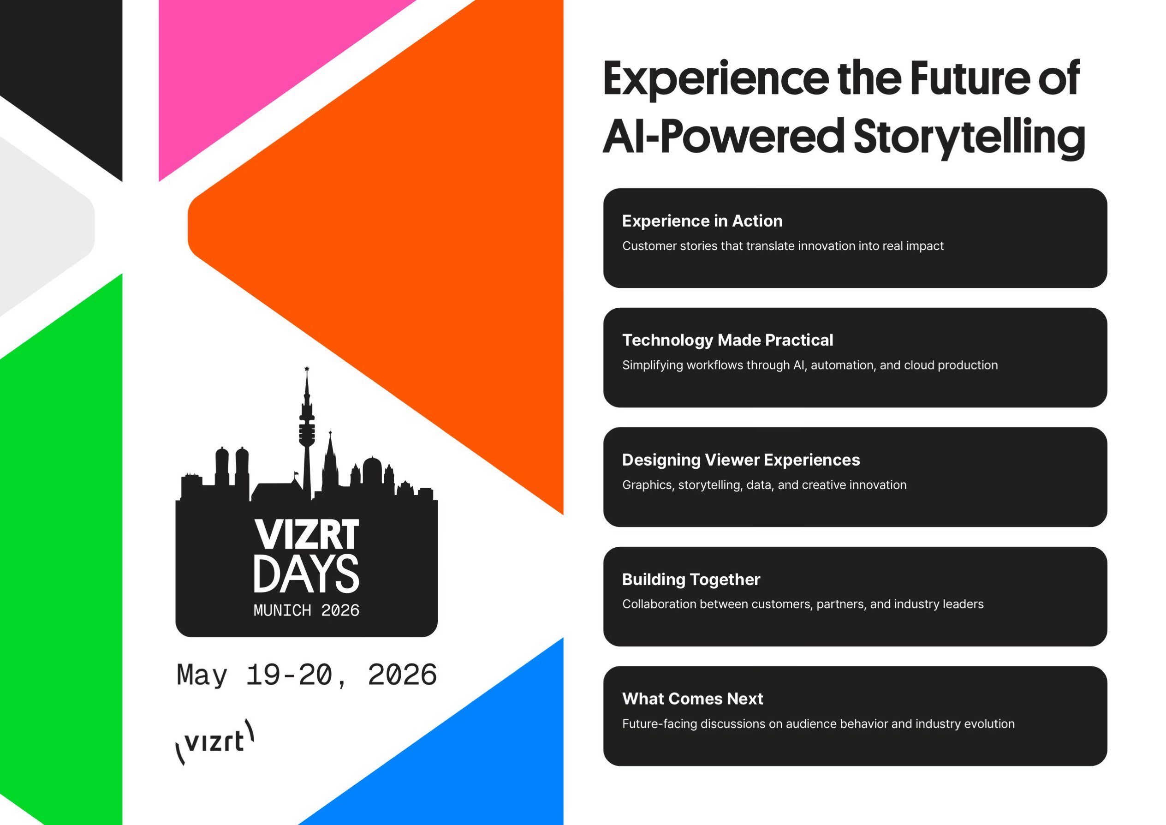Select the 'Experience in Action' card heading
[x=702, y=221]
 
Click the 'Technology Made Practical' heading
[x=728, y=340]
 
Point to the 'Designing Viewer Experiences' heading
[x=741, y=460]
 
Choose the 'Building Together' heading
[x=691, y=579]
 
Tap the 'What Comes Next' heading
[x=693, y=699]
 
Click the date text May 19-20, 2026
[x=307, y=676]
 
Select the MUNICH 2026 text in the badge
[x=306, y=610]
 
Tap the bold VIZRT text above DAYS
[x=307, y=534]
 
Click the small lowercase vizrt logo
[x=215, y=741]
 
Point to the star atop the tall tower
[x=307, y=369]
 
